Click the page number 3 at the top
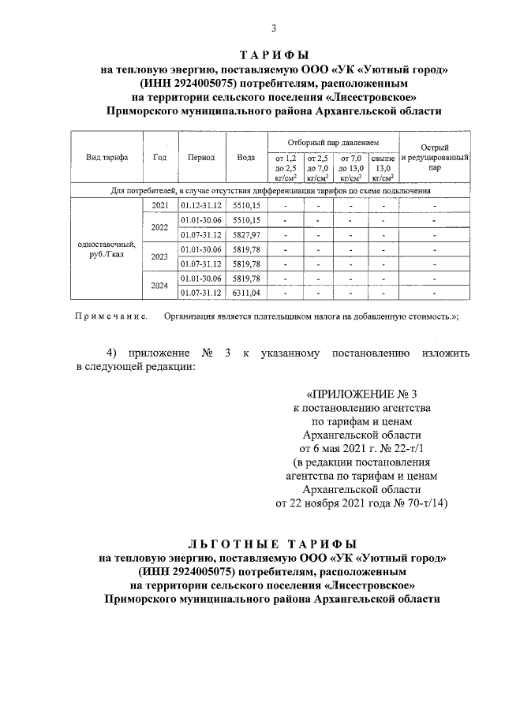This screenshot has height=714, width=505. click(273, 29)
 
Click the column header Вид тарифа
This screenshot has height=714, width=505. click(107, 157)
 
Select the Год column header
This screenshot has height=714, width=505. click(160, 157)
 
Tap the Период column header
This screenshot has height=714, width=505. click(202, 157)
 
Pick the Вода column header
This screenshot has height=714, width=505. click(246, 157)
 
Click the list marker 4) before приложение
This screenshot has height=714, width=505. click(114, 352)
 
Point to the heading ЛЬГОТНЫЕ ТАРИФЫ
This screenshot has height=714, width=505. click(273, 544)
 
